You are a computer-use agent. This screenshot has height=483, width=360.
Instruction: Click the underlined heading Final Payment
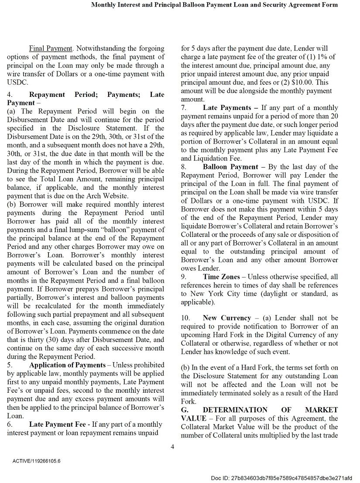tap(50, 48)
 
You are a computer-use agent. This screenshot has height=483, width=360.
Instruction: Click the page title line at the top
tap(214, 5)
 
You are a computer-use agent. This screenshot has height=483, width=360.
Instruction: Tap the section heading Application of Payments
tap(67, 365)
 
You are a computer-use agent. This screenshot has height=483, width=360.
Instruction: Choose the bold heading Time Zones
tap(221, 277)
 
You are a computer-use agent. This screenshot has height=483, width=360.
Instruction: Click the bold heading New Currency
tap(227, 318)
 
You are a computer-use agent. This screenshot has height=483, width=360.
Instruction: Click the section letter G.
tap(184, 410)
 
